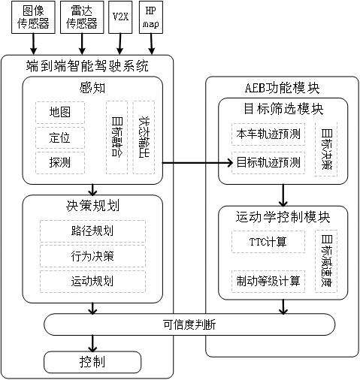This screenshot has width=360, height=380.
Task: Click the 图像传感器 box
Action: point(32,18)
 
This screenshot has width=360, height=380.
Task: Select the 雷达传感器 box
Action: point(81,18)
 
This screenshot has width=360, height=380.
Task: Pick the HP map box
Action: point(150,18)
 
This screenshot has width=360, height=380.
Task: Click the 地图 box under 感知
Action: point(59,113)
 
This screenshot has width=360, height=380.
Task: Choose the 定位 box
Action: point(59,137)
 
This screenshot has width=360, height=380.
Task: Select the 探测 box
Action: point(59,162)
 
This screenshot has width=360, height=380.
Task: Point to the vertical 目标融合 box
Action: point(117,137)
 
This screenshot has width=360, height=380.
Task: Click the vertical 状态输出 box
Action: point(144,137)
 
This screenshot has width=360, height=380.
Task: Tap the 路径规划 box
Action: point(92,231)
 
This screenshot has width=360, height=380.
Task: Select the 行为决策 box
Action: point(92,256)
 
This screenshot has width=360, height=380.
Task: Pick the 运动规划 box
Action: point(92,281)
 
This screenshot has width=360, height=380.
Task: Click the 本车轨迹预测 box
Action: point(267,135)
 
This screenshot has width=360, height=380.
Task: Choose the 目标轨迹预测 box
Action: point(267,161)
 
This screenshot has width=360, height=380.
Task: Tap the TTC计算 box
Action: point(267,243)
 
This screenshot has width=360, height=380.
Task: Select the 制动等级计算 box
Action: point(267,281)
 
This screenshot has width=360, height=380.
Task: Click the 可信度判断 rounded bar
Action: point(189,325)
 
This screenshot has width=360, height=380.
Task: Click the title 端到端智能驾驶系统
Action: point(86,65)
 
